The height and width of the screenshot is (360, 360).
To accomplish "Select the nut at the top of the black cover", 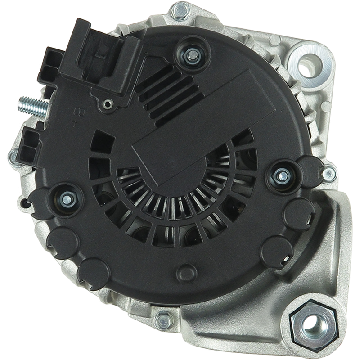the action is pyautogui.click(x=193, y=55).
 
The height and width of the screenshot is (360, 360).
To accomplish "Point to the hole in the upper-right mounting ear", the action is pyautogui.click(x=308, y=67).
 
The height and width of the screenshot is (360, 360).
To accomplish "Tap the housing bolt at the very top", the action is pyautogui.click(x=181, y=10).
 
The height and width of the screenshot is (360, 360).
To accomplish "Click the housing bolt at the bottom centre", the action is pyautogui.click(x=163, y=319).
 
